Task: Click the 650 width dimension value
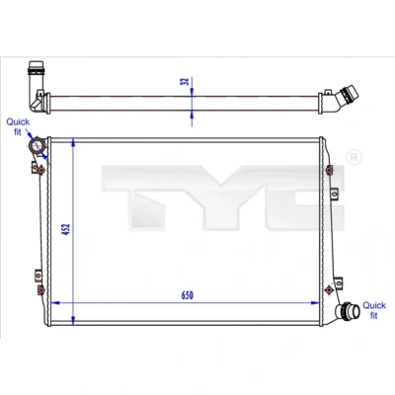coord(187,295)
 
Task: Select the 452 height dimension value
coord(67,229)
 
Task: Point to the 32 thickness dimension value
coord(186,81)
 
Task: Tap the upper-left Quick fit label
coord(18,126)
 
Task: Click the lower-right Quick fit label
coord(374,310)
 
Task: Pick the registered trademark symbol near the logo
coord(355,157)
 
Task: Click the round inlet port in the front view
coord(37,146)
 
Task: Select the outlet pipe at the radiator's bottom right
coord(348,311)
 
